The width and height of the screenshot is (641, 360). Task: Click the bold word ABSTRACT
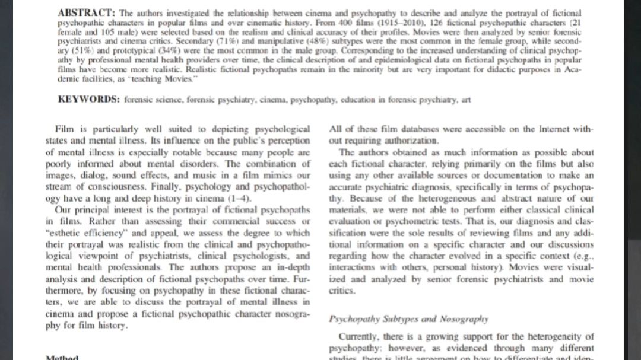[x=87, y=12]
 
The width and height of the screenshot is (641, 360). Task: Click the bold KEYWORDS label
[x=89, y=100]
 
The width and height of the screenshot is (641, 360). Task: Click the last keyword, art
[x=465, y=100]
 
